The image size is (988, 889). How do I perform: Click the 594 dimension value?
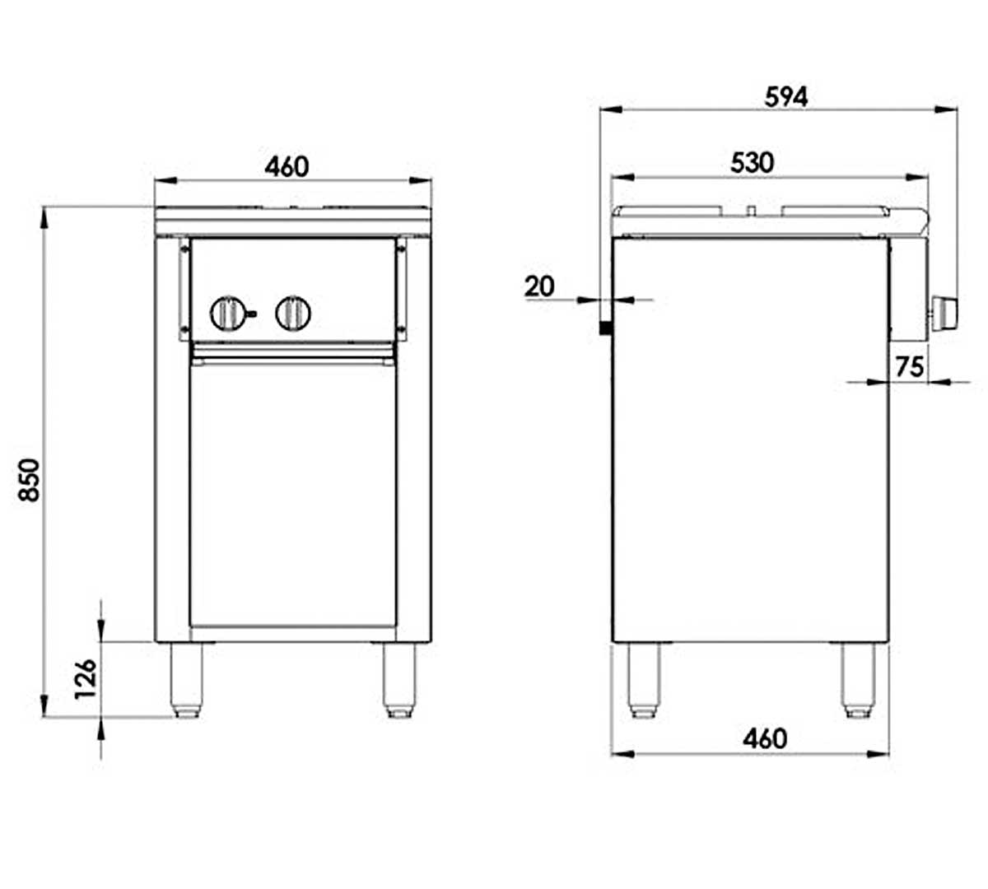point(786,97)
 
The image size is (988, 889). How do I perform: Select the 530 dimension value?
point(753,163)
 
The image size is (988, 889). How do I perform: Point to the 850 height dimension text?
point(29,480)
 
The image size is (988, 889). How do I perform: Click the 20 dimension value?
point(539,286)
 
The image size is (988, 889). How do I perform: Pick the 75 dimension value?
point(909,366)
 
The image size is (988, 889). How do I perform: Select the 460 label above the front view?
point(287,167)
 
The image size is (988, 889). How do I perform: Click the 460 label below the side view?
point(764,738)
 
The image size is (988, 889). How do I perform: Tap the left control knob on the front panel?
point(227,314)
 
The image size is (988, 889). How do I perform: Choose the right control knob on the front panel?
point(293,314)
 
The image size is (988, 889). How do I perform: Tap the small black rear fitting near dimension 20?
point(605,328)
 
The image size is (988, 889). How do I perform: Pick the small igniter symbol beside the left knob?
point(251,314)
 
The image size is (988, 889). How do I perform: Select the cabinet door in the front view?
point(292,494)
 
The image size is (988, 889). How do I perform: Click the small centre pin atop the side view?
point(752,209)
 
